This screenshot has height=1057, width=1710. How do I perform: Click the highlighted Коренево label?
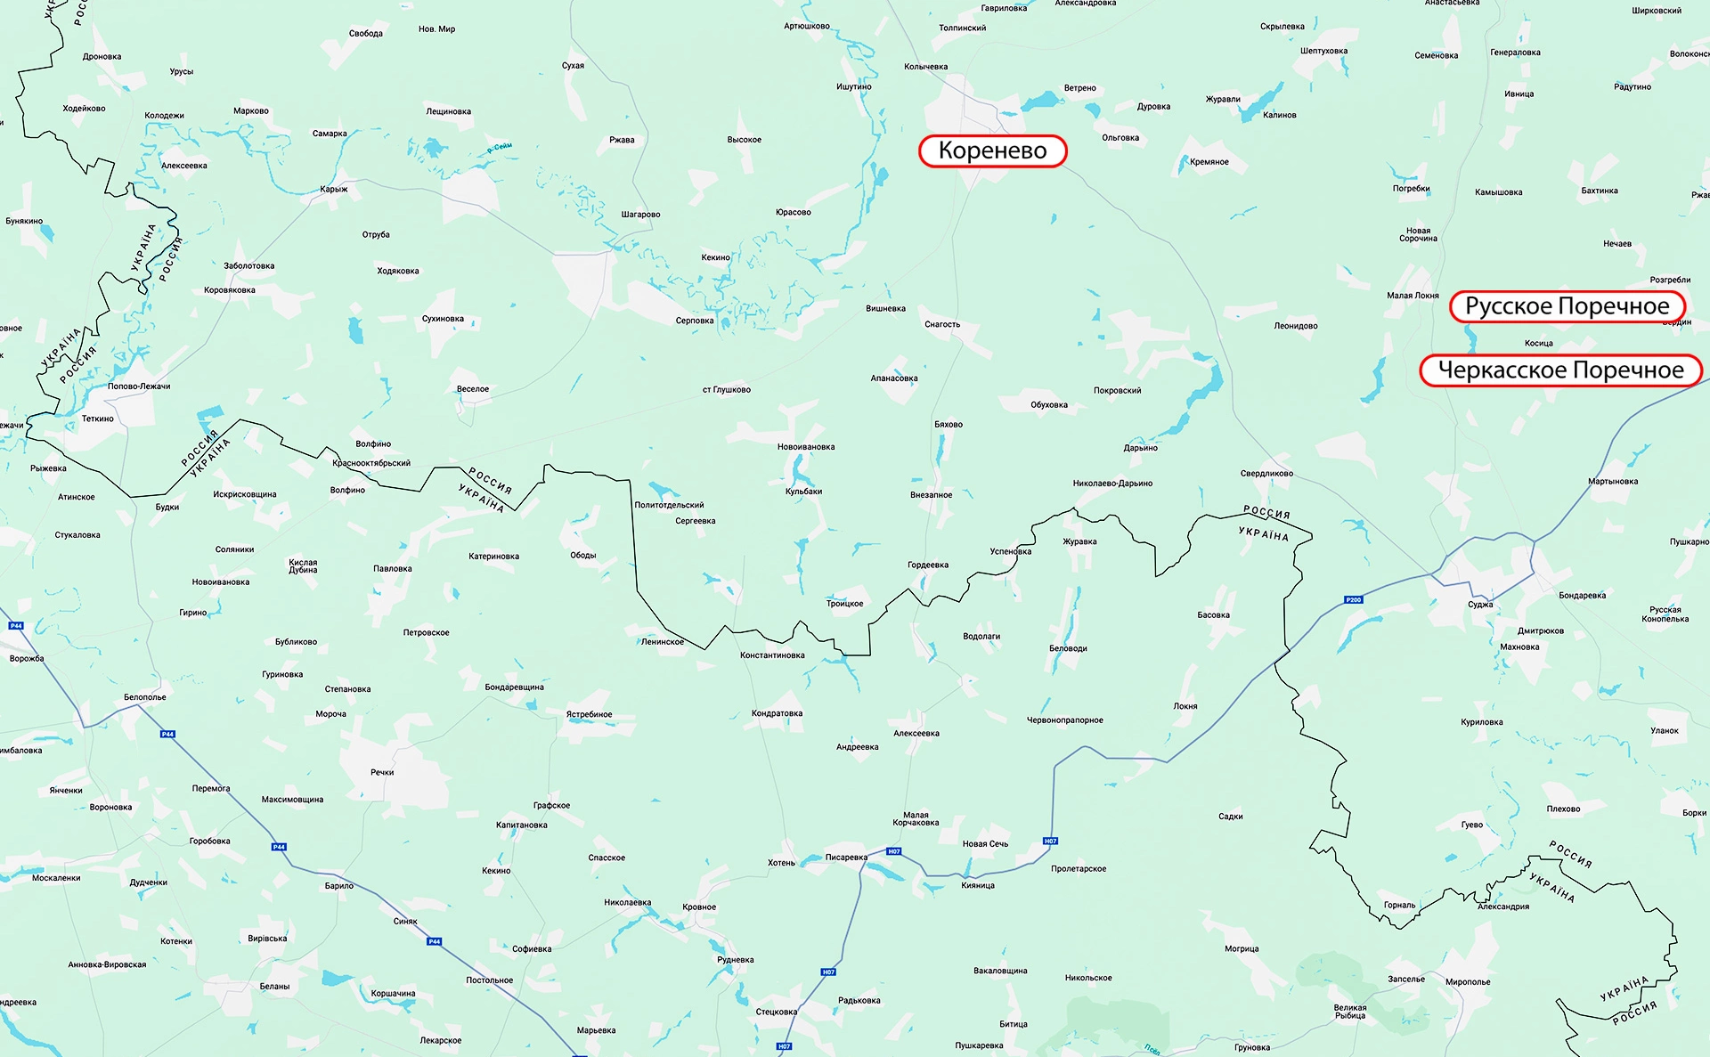point(992,150)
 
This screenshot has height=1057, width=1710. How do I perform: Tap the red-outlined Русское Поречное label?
point(1567,306)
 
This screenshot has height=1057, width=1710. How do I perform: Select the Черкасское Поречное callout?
point(1560,370)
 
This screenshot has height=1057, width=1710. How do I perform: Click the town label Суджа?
point(1480,605)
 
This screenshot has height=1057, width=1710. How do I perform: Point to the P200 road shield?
point(1353,600)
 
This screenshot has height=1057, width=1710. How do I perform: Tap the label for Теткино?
point(98,419)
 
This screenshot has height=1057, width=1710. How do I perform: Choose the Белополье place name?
point(145,697)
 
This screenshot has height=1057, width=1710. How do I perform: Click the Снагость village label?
point(942,324)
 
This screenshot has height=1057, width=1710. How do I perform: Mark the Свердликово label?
point(1266,474)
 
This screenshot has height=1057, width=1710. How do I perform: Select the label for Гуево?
point(1472,825)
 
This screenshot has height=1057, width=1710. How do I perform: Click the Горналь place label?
point(1399,905)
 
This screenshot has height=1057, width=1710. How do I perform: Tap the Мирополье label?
point(1468,982)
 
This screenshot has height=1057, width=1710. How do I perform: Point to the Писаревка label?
point(846,858)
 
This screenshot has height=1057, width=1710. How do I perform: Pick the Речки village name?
point(382,772)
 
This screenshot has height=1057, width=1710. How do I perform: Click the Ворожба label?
point(27,659)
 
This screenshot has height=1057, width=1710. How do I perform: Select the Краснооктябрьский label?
point(371,463)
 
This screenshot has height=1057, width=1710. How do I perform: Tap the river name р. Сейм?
point(500,150)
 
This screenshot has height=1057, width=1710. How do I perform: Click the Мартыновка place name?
point(1613,482)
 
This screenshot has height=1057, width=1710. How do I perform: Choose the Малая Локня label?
point(1413,296)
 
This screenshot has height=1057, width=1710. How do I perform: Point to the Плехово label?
point(1563,809)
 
